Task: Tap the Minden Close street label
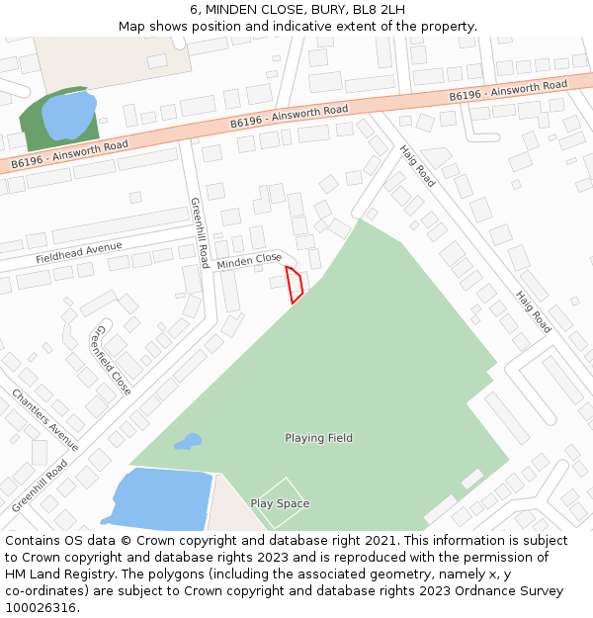click(249, 261)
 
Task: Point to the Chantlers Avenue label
click(45, 419)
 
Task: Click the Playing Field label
click(318, 438)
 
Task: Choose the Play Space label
click(280, 503)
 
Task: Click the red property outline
click(294, 284)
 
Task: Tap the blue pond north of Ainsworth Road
click(67, 116)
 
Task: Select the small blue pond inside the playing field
click(188, 441)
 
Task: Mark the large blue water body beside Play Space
click(158, 499)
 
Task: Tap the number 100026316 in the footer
click(41, 608)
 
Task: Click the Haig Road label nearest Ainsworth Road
click(417, 166)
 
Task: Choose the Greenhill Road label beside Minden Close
click(199, 232)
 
